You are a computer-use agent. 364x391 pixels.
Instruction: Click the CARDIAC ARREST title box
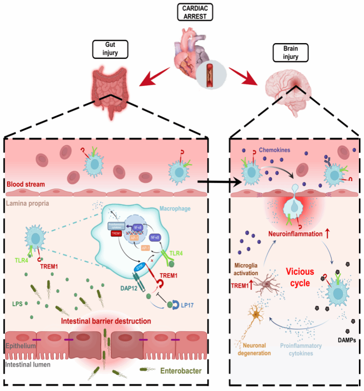pos(195,11)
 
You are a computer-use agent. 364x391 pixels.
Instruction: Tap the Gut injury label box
pos(110,49)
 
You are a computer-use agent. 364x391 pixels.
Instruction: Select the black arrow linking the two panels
pos(219,181)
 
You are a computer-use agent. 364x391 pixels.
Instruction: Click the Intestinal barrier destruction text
pos(106,322)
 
